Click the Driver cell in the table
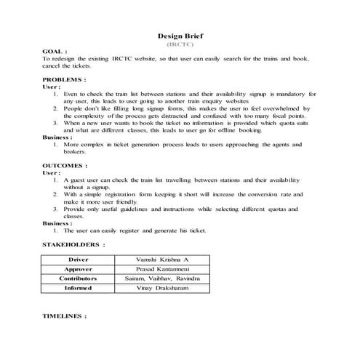tap(78, 260)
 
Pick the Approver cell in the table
tap(78, 269)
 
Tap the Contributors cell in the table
tap(78, 279)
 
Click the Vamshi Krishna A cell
tap(162, 260)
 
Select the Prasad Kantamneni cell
tap(162, 269)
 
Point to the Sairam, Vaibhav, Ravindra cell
tap(162, 279)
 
